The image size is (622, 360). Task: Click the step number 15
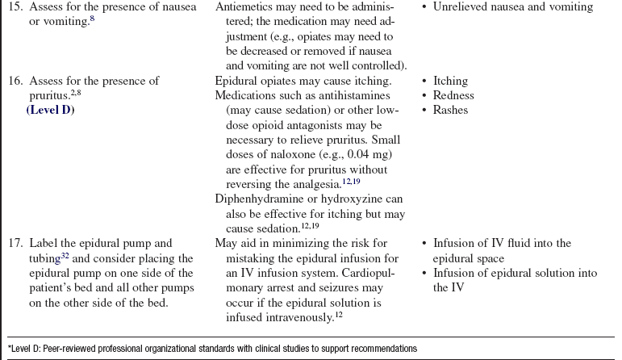[x=15, y=6]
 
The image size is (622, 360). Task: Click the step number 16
[x=15, y=81]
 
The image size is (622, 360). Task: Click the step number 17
[x=15, y=243]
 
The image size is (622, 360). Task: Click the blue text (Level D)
[x=50, y=110]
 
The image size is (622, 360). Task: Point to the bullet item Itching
[x=450, y=81]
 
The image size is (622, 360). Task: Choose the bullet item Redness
[x=453, y=95]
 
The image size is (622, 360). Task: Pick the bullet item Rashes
[x=450, y=110]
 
